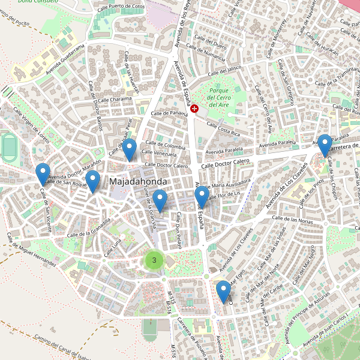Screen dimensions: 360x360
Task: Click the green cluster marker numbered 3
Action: pyautogui.click(x=154, y=260)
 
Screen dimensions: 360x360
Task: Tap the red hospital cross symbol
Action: pyautogui.click(x=194, y=108)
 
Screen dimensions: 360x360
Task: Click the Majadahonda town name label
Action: pyautogui.click(x=138, y=181)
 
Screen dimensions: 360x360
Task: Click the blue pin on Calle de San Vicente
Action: pyautogui.click(x=43, y=173)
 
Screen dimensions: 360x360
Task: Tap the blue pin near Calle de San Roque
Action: pyautogui.click(x=92, y=181)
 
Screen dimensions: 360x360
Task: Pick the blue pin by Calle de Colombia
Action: pyautogui.click(x=129, y=149)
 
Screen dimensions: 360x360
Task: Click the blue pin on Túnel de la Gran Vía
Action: pyautogui.click(x=159, y=200)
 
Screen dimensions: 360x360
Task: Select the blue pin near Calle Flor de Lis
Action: pyautogui.click(x=202, y=197)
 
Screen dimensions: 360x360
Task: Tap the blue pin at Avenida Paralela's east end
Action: pyautogui.click(x=325, y=145)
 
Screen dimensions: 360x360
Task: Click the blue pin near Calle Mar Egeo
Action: pyautogui.click(x=223, y=291)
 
